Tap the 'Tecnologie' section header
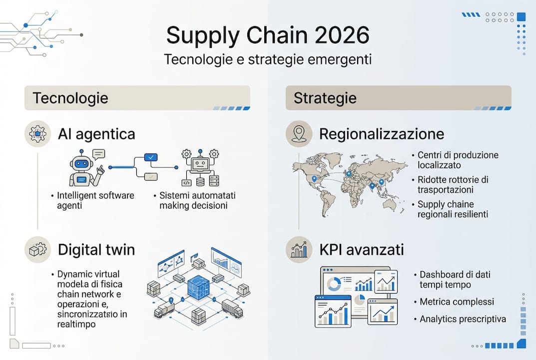[70, 97]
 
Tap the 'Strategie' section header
[325, 97]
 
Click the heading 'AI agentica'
[96, 134]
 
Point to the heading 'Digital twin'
[96, 249]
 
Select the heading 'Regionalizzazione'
[381, 134]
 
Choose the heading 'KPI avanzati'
[361, 249]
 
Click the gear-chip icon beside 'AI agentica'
[37, 133]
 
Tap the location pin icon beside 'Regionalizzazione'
[299, 133]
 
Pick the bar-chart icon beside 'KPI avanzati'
[299, 249]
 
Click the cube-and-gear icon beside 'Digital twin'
[37, 249]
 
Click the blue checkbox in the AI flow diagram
[150, 157]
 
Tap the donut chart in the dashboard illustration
[333, 284]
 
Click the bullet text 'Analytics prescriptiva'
[463, 319]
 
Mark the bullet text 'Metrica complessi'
[457, 302]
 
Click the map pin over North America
[314, 178]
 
